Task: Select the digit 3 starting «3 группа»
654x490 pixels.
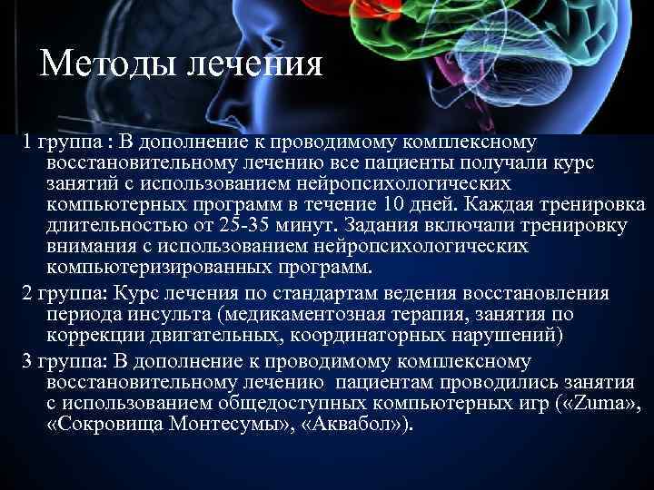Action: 27,360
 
